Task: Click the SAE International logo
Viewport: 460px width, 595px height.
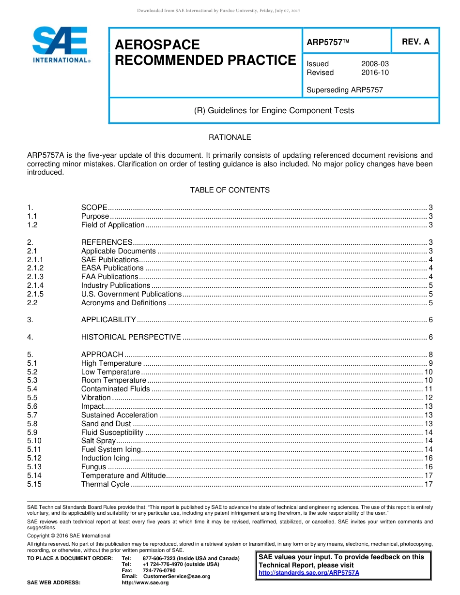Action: coord(61,45)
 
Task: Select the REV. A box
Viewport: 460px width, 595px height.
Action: coord(415,42)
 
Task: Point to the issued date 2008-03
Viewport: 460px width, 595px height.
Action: coord(375,64)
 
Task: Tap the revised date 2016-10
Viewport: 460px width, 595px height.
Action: coord(375,73)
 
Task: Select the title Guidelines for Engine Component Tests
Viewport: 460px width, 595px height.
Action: coord(274,111)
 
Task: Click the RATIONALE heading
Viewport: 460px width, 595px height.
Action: coord(230,137)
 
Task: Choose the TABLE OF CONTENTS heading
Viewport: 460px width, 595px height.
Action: coord(230,190)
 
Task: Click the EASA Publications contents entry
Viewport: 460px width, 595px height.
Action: coord(112,268)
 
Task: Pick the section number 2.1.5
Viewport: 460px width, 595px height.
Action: coord(35,294)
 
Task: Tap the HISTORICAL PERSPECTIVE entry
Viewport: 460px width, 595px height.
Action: coord(131,337)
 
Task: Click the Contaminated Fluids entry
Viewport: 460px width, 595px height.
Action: coord(115,389)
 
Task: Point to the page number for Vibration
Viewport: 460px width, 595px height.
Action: coord(428,398)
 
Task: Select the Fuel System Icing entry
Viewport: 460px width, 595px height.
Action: coord(111,449)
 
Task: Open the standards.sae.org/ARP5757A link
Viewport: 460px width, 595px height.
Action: coord(309,573)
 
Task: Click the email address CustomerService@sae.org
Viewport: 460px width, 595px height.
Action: coord(176,576)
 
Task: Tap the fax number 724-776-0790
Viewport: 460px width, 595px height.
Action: coord(159,570)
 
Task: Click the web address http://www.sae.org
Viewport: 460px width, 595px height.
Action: coord(145,582)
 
